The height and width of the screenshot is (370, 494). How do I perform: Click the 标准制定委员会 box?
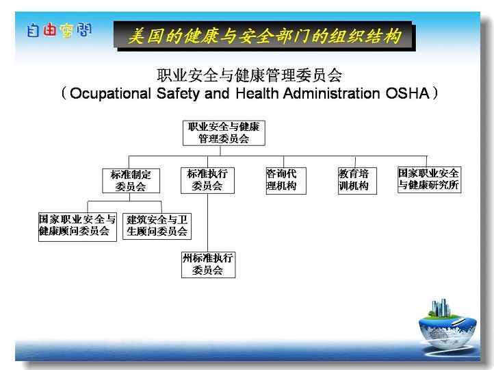pyautogui.click(x=131, y=181)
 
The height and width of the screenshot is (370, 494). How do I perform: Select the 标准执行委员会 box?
pyautogui.click(x=207, y=180)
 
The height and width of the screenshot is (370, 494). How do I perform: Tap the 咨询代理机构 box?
pyautogui.click(x=286, y=181)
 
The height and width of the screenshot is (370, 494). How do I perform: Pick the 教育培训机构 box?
pyautogui.click(x=357, y=181)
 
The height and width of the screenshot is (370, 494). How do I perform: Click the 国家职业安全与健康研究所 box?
pyautogui.click(x=429, y=180)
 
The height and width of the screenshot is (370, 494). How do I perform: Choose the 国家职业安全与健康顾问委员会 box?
pyautogui.click(x=77, y=227)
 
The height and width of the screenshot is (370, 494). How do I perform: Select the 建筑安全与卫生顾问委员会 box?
pyautogui.click(x=157, y=227)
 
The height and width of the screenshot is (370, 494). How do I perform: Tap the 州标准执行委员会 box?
pyautogui.click(x=208, y=264)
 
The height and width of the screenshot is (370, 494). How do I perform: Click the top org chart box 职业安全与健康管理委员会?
pyautogui.click(x=224, y=133)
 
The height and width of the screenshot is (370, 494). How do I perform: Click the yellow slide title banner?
pyautogui.click(x=264, y=36)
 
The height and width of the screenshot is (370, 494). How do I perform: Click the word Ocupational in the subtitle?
pyautogui.click(x=111, y=94)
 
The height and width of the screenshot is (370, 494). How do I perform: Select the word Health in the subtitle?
pyautogui.click(x=257, y=93)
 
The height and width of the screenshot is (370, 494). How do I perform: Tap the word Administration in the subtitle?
pyautogui.click(x=331, y=93)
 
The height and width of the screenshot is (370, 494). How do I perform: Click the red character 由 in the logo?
pyautogui.click(x=49, y=30)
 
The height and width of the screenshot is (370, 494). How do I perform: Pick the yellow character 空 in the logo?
pyautogui.click(x=66, y=31)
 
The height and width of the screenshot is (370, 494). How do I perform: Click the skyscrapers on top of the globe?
pyautogui.click(x=440, y=308)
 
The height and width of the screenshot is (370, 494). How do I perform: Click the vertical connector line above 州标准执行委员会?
pyautogui.click(x=207, y=223)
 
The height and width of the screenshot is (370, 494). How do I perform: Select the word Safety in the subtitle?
pyautogui.click(x=178, y=94)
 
